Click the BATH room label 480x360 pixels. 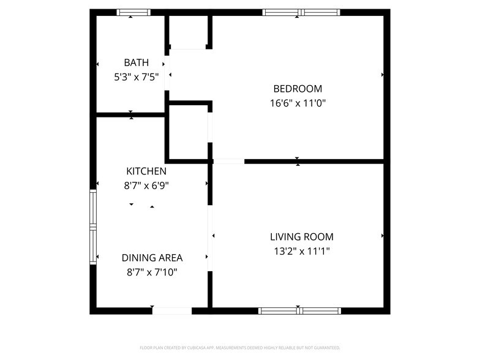136,62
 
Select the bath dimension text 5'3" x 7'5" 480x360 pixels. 136,77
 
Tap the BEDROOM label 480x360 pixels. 298,89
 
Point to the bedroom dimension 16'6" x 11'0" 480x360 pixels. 298,103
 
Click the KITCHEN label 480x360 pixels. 146,171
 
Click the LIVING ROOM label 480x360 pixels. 302,237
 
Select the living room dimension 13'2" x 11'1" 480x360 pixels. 302,251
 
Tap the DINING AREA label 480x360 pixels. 152,258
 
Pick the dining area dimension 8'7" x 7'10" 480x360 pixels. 152,272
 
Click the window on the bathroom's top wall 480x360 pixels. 133,12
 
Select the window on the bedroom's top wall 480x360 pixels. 301,12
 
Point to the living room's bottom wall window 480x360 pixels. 299,311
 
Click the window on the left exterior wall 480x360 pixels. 94,227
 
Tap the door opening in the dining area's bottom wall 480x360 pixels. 172,311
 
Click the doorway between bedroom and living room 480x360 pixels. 228,162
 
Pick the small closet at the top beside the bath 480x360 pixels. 188,31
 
